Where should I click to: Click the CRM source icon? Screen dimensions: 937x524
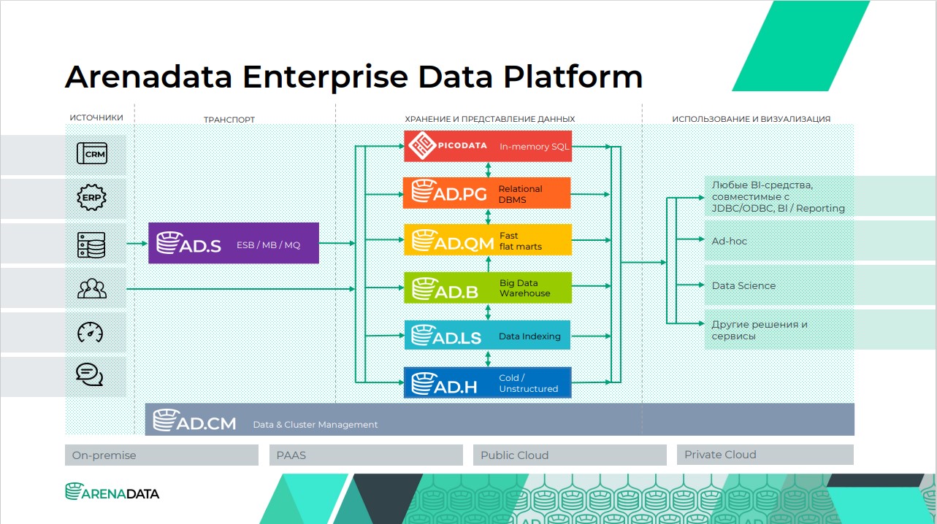92,153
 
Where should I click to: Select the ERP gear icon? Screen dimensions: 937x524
91,197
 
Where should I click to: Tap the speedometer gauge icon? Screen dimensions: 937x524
91,332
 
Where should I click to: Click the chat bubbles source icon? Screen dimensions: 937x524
90,374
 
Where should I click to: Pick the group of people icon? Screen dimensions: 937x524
92,288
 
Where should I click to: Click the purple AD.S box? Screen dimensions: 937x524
234,243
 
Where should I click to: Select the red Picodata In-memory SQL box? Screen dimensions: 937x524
488,146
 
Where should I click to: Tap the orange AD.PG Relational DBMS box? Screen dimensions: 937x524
486,193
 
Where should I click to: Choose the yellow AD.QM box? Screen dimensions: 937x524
488,240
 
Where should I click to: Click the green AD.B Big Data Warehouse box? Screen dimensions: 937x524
488,288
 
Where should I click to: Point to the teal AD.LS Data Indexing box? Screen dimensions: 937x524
487,335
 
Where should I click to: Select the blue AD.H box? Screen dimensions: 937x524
488,382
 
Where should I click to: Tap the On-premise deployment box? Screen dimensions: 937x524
161,455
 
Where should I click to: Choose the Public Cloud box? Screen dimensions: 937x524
570,455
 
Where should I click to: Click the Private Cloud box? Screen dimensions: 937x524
765,455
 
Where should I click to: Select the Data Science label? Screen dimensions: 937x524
743,286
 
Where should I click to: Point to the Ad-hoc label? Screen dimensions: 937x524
729,241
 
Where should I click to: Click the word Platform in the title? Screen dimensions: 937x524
573,77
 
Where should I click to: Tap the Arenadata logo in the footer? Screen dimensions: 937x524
112,492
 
